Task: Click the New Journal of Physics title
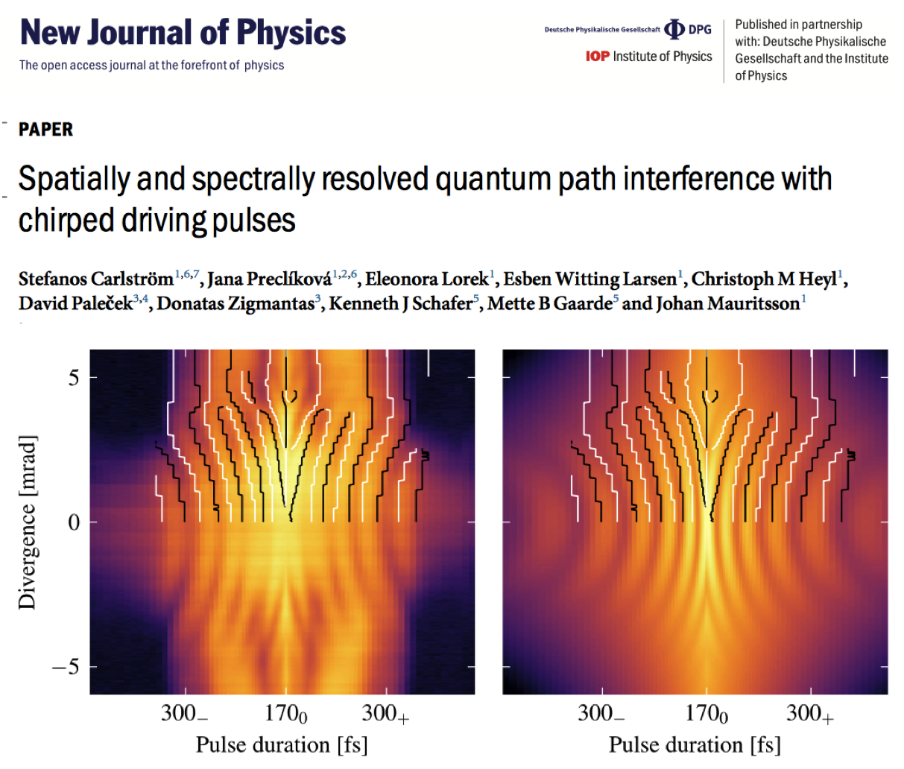pyautogui.click(x=183, y=34)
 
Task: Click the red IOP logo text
pyautogui.click(x=597, y=57)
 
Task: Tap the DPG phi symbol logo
pyautogui.click(x=674, y=29)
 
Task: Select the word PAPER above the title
pyautogui.click(x=45, y=130)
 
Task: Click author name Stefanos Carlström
pyautogui.click(x=95, y=279)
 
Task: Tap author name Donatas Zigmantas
pyautogui.click(x=235, y=303)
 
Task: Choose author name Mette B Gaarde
pyautogui.click(x=549, y=303)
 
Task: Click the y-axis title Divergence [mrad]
pyautogui.click(x=28, y=522)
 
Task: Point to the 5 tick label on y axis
pyautogui.click(x=74, y=378)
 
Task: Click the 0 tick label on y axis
pyautogui.click(x=74, y=522)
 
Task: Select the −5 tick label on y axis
pyautogui.click(x=66, y=667)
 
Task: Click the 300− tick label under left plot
pyautogui.click(x=184, y=714)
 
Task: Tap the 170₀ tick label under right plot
pyautogui.click(x=706, y=714)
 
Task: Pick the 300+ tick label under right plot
pyautogui.click(x=809, y=714)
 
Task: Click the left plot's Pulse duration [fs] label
pyautogui.click(x=282, y=744)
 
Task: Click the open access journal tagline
pyautogui.click(x=151, y=66)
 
